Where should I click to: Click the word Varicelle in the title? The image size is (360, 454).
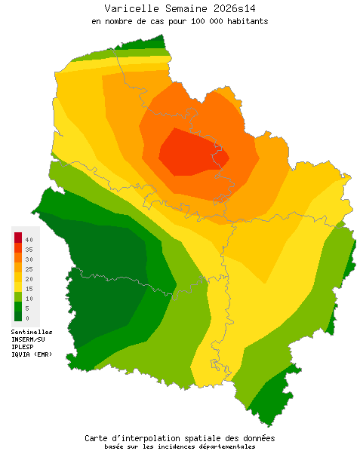tap(130, 8)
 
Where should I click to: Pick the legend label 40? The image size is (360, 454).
tap(28, 239)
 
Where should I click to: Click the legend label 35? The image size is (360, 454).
tap(28, 249)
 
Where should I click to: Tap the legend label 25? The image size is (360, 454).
tap(28, 268)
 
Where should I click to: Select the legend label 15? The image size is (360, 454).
tap(28, 288)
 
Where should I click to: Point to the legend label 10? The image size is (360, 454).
tap(28, 298)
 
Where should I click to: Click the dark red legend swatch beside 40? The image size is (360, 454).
tap(18, 238)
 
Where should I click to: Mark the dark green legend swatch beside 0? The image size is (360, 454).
tap(18, 317)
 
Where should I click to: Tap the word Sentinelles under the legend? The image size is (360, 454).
tap(32, 331)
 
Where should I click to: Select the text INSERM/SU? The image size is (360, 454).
tap(29, 339)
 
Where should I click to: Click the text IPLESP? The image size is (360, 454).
tap(23, 347)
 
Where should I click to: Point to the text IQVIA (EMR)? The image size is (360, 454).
tap(32, 354)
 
